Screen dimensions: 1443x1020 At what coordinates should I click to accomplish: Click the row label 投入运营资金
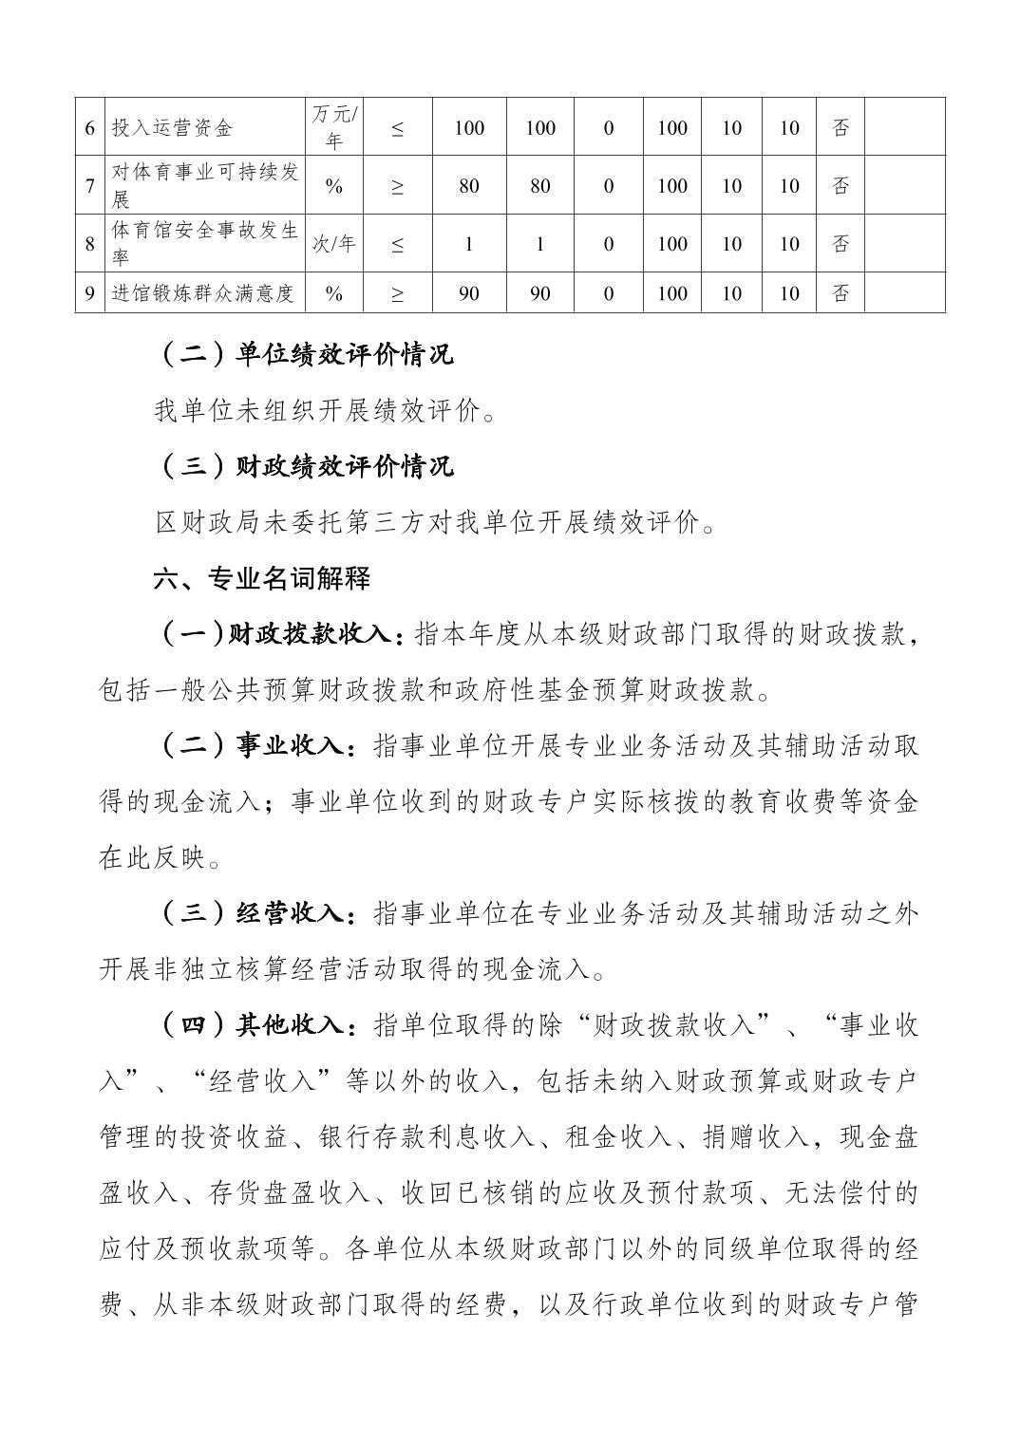click(x=172, y=128)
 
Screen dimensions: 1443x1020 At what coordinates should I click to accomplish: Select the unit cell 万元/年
click(x=333, y=127)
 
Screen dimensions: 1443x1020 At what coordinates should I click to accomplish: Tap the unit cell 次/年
click(x=333, y=243)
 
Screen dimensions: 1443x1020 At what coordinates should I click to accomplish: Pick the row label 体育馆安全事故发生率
click(x=204, y=243)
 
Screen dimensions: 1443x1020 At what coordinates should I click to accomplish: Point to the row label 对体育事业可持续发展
click(x=204, y=186)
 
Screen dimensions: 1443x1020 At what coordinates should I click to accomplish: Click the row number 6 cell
click(x=89, y=128)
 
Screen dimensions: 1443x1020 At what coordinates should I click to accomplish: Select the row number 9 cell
click(x=89, y=293)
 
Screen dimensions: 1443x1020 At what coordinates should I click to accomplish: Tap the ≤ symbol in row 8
click(x=397, y=244)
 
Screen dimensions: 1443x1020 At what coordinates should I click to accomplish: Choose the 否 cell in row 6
click(x=841, y=127)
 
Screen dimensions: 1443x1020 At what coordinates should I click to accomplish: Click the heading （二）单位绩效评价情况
click(x=304, y=354)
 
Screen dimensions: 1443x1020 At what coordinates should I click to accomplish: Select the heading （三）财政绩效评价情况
click(x=304, y=466)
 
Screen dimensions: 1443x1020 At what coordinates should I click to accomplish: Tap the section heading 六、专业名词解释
click(x=262, y=578)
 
